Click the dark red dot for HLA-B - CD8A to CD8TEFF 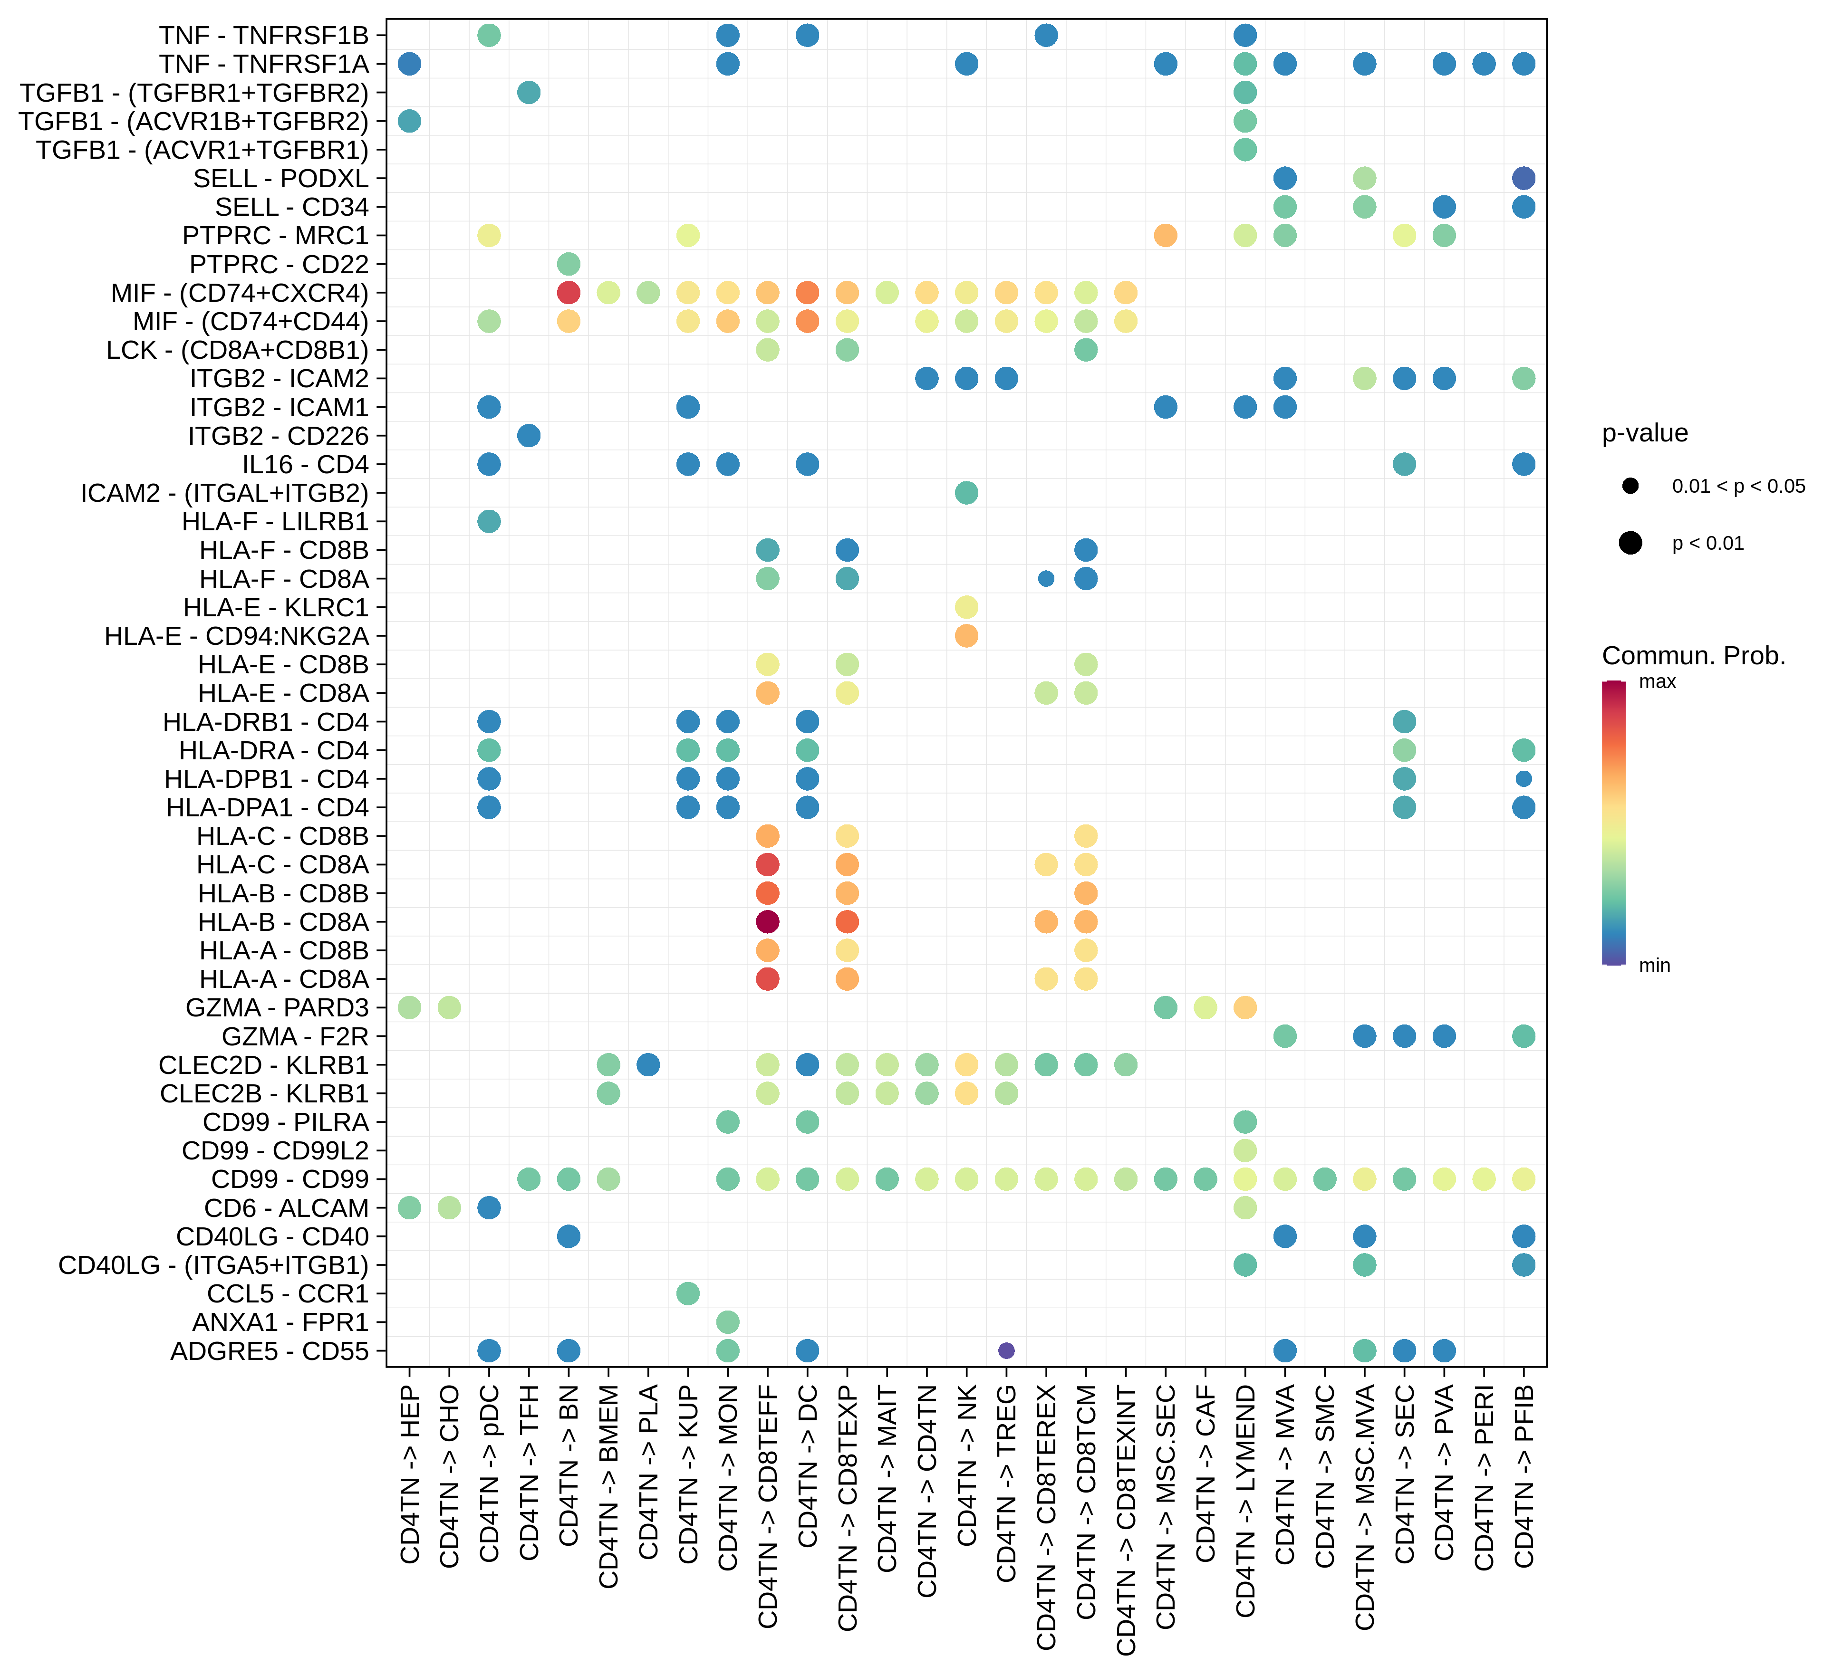768,921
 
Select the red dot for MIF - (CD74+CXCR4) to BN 569,292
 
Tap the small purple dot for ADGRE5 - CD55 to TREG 1006,1350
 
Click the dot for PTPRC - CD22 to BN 569,264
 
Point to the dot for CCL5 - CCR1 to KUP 688,1293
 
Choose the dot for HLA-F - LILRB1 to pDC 489,521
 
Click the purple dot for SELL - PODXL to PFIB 1523,178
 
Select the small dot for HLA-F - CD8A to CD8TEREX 1046,578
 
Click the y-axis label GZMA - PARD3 277,1007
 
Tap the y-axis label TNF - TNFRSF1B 263,36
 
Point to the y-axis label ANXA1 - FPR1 280,1321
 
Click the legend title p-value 1645,433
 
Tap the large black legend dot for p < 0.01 1630,544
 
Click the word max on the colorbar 1658,681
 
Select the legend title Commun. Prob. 1693,656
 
